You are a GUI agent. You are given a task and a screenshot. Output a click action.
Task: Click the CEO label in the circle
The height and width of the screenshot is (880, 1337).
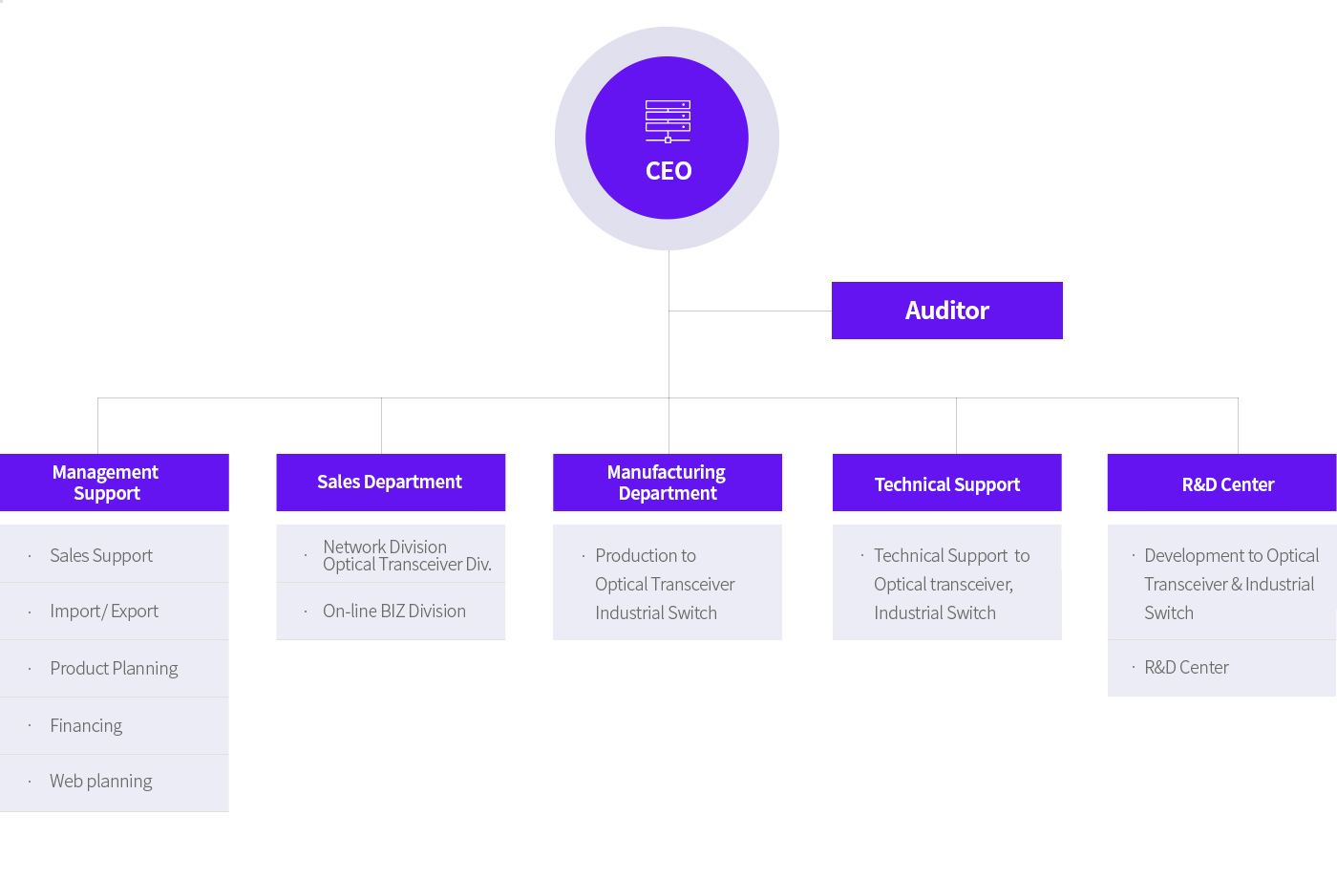pos(668,171)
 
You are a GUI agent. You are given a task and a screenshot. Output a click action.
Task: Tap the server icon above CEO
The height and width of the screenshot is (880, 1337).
pos(668,121)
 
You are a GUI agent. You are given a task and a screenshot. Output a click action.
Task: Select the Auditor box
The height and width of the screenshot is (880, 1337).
pos(946,311)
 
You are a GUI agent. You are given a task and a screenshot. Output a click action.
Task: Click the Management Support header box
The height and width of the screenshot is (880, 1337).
pos(114,483)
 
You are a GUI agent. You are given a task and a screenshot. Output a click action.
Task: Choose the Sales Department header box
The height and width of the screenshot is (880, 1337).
pos(391,483)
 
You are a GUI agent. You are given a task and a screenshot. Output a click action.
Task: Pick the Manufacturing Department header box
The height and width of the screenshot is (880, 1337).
pos(668,483)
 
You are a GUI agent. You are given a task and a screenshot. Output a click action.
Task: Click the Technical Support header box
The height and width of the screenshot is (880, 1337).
pos(946,483)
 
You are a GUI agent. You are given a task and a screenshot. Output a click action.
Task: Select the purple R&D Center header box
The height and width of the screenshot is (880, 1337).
pos(1221,483)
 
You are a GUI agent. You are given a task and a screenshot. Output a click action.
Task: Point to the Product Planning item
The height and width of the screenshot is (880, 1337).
pos(114,669)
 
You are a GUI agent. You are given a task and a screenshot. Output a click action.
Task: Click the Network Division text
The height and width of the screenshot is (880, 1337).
pos(385,547)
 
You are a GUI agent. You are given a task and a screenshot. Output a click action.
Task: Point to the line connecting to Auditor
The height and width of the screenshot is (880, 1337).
pos(751,311)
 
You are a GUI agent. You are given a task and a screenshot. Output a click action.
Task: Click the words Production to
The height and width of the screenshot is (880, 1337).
pos(646,556)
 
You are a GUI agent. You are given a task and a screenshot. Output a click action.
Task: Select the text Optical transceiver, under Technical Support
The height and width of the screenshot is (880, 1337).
pos(944,585)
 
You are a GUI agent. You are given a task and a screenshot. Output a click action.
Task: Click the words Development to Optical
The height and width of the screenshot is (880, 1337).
pos(1231,556)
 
